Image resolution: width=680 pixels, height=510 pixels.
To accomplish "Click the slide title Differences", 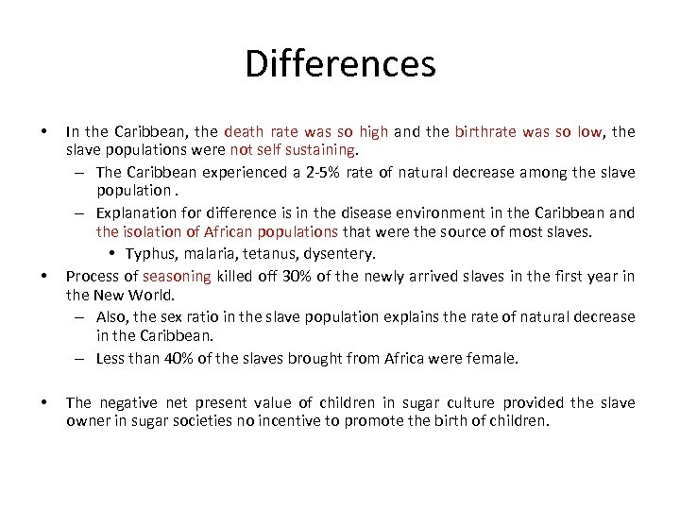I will click(340, 64).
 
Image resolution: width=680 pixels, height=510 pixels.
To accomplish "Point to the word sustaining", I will click(322, 149).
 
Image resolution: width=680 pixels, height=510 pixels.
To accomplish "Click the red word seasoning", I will click(178, 276).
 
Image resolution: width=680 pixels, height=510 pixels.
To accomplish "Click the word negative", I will click(126, 402).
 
